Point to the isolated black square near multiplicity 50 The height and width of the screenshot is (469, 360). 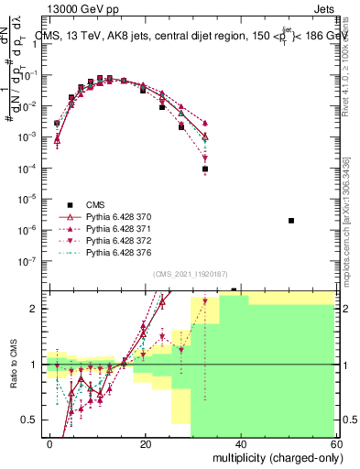coord(290,221)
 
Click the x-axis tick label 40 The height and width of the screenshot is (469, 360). coord(241,442)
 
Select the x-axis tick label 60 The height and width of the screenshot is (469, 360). coord(336,442)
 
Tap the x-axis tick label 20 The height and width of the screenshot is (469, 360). coord(146,442)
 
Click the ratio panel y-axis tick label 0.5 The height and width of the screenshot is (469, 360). coord(33,420)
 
